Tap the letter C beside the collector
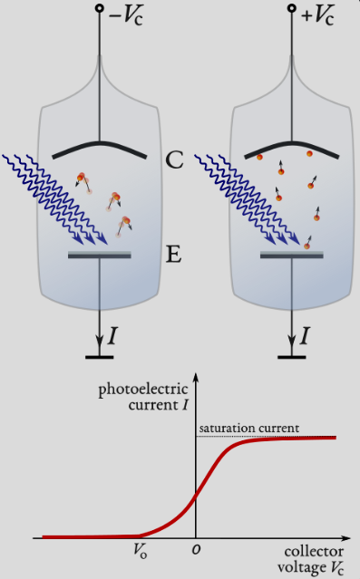(176, 161)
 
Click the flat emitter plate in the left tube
(100, 256)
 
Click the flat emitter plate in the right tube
(292, 256)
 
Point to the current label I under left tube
(112, 337)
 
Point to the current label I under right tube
(305, 337)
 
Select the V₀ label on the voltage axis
(141, 549)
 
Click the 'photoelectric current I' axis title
(143, 397)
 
